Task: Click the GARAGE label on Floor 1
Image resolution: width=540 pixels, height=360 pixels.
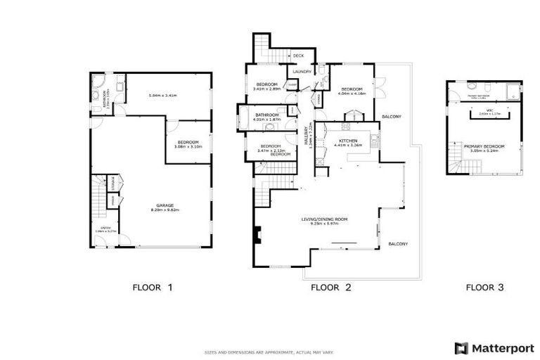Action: [165, 205]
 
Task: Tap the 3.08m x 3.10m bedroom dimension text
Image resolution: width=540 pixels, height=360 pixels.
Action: [188, 147]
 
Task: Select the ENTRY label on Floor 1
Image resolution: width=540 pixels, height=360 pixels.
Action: [105, 226]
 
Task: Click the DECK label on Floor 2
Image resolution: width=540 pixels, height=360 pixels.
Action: [298, 56]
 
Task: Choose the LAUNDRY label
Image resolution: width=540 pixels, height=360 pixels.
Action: [302, 71]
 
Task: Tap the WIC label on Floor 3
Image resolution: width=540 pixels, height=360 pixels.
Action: [489, 110]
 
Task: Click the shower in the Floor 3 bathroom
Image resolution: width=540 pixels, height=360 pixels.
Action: [514, 90]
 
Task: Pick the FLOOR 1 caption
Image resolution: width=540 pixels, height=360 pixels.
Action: [153, 287]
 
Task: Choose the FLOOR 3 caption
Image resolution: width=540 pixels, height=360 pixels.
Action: [484, 287]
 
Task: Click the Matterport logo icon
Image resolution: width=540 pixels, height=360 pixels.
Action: [461, 347]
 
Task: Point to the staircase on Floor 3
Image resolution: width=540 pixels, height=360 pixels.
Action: [457, 167]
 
